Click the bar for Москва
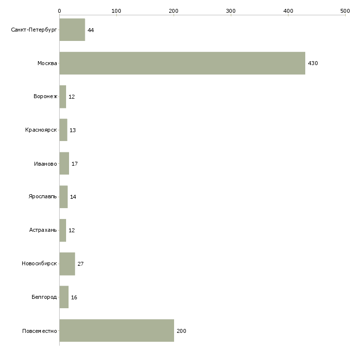182,63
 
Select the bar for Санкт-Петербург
72,30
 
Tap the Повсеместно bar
117,330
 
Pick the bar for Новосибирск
67,264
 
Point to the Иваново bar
64,163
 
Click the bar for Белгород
64,297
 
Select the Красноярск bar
63,130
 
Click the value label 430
313,63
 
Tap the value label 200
181,331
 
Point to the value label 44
91,30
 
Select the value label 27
80,264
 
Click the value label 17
74,164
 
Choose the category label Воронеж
45,96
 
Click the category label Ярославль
43,197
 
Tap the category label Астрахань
43,230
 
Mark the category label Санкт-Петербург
34,30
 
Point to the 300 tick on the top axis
231,15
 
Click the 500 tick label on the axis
345,11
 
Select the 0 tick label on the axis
60,11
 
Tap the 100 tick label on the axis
116,11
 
